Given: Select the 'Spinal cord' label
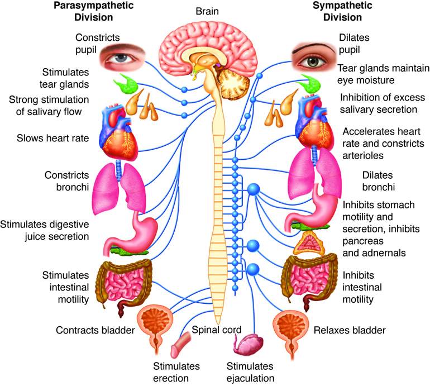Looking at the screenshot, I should [216, 330].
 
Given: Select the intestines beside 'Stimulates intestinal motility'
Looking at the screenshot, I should [124, 283].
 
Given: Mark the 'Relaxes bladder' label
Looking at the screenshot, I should [350, 330].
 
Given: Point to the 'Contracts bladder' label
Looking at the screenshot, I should [95, 330].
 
